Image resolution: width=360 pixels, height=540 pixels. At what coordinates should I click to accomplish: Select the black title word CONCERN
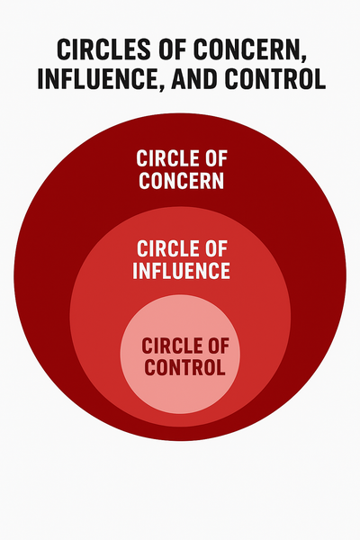click(246, 49)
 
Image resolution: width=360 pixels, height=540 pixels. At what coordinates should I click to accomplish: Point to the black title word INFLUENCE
click(97, 79)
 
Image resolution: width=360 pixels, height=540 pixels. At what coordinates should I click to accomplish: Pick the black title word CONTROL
click(274, 79)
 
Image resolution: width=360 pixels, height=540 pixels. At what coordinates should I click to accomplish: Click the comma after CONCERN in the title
click(302, 58)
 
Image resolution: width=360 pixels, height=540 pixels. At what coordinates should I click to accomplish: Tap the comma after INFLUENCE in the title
click(160, 87)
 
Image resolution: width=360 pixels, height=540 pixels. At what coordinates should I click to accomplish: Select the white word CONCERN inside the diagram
click(181, 180)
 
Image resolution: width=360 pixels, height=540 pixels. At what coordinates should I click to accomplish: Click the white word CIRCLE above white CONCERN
click(165, 158)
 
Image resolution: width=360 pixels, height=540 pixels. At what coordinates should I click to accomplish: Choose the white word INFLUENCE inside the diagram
click(181, 270)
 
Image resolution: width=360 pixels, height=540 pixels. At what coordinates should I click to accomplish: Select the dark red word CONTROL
click(184, 367)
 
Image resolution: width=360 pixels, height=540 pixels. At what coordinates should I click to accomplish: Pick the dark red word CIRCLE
click(169, 346)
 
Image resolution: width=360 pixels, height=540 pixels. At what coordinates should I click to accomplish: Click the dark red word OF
click(216, 346)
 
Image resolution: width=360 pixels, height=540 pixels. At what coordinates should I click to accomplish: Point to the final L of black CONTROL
click(319, 79)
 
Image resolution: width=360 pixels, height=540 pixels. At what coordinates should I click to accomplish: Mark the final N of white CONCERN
click(218, 180)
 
